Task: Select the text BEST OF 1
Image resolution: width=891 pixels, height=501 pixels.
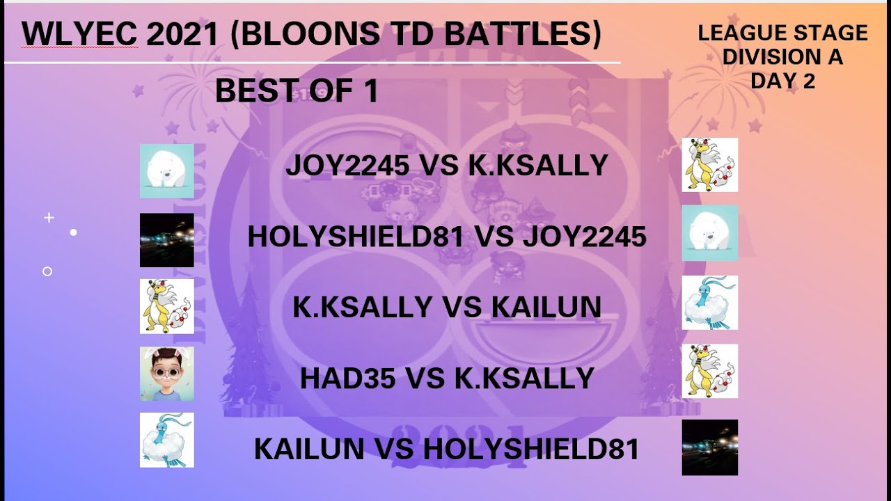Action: (x=297, y=91)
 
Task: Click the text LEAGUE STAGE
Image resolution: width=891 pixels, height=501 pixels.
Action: (x=782, y=33)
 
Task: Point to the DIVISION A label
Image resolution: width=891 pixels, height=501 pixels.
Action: (x=782, y=57)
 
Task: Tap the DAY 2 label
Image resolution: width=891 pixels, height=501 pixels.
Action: (x=782, y=81)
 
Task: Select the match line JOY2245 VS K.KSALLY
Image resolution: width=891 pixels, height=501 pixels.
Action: (x=446, y=166)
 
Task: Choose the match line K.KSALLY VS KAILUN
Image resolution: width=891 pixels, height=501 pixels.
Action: (x=446, y=307)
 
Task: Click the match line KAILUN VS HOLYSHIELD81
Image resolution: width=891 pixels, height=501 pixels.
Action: (x=446, y=450)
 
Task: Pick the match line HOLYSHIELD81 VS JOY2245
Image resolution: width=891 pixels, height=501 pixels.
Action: (x=446, y=237)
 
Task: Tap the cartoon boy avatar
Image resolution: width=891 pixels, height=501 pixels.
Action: (x=167, y=374)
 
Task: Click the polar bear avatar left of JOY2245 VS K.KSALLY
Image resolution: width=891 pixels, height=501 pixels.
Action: (x=167, y=171)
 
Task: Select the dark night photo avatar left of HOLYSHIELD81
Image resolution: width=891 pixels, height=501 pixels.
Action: (x=167, y=240)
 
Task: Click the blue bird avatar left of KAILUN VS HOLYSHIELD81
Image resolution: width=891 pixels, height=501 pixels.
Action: (x=167, y=440)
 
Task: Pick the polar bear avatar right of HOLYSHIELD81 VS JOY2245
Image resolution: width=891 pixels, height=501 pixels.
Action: (x=709, y=233)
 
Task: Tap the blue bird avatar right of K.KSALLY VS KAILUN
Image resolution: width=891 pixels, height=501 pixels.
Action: (x=709, y=303)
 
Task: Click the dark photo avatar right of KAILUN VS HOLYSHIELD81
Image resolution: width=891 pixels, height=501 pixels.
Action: (x=709, y=447)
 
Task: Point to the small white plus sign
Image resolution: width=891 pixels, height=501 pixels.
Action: (x=49, y=218)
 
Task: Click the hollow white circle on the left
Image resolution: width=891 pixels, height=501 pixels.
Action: (x=47, y=271)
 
